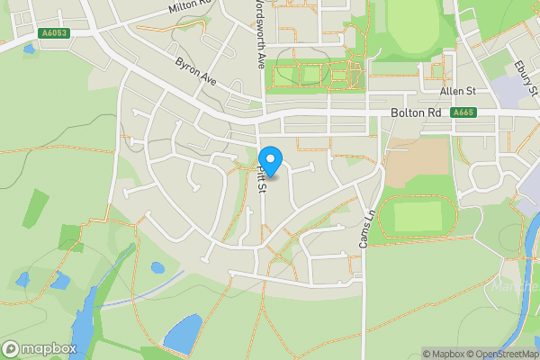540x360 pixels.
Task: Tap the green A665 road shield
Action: pyautogui.click(x=463, y=112)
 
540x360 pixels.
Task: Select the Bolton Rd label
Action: pyautogui.click(x=417, y=113)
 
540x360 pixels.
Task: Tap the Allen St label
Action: pyautogui.click(x=458, y=92)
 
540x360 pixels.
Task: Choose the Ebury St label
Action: pyautogui.click(x=526, y=78)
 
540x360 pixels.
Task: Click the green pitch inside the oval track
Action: pyautogui.click(x=418, y=216)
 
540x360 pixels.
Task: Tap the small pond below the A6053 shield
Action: pyautogui.click(x=30, y=49)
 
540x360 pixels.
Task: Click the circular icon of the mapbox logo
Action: pyautogui.click(x=12, y=348)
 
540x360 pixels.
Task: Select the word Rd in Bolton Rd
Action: pyautogui.click(x=434, y=113)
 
